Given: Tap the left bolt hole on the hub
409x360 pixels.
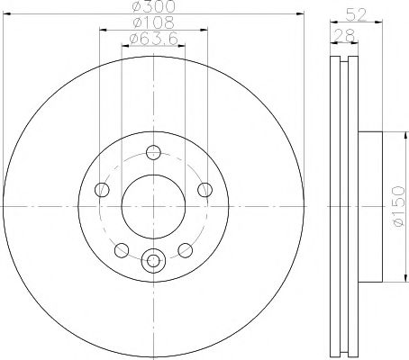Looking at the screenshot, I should click(101, 189).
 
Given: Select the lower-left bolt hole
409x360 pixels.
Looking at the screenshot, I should click(122, 249).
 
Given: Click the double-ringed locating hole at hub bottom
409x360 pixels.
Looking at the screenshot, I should click(153, 261).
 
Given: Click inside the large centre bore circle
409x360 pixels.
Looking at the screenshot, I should click(153, 206).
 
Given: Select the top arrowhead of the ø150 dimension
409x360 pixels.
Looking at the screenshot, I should click(393, 131).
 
